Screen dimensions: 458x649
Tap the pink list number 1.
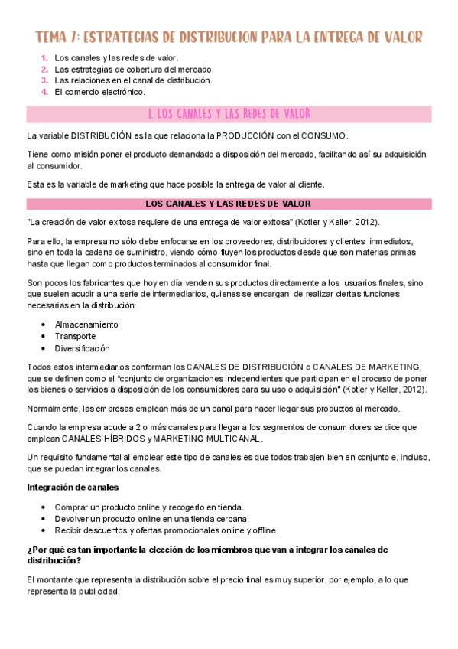[x=44, y=57]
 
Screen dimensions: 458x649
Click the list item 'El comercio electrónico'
[x=99, y=92]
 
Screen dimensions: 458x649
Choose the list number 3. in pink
[x=44, y=80]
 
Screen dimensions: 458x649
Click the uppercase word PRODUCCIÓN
[x=249, y=135]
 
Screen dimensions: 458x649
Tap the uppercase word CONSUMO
[x=324, y=135]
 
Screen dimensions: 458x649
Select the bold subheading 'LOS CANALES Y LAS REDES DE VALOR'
[x=228, y=204]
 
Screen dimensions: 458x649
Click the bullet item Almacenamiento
[x=86, y=324]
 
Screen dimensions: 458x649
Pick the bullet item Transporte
[x=75, y=336]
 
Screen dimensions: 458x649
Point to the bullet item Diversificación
[x=83, y=348]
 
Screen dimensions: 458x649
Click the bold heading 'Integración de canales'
[x=73, y=487]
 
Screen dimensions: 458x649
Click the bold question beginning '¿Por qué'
[x=206, y=554]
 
